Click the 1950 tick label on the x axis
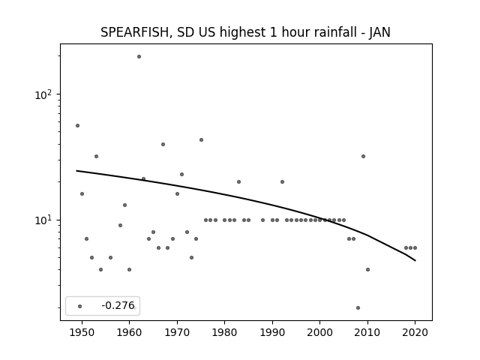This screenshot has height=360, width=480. coord(82,332)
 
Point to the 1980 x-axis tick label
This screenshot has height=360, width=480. coord(225,332)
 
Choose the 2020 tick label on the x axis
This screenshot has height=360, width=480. coord(415,332)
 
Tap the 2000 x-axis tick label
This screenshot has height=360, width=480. coord(320,332)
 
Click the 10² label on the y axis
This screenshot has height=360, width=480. coord(43,94)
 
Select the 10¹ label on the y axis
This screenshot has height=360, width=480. coord(43,220)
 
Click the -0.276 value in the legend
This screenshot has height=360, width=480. coord(118,305)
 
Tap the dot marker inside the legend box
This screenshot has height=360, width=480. coord(80,306)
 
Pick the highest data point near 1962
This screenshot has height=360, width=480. coord(139,57)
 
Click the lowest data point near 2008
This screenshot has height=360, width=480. coord(358,307)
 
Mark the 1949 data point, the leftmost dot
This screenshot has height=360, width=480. coord(77,125)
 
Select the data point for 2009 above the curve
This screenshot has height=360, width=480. coord(363,157)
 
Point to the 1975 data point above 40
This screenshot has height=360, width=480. coord(201,140)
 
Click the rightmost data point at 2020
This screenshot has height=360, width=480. coord(415,248)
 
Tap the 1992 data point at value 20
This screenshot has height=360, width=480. coord(282,181)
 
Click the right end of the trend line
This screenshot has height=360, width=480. coord(415,261)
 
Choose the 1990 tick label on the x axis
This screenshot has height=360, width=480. coord(272,332)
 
